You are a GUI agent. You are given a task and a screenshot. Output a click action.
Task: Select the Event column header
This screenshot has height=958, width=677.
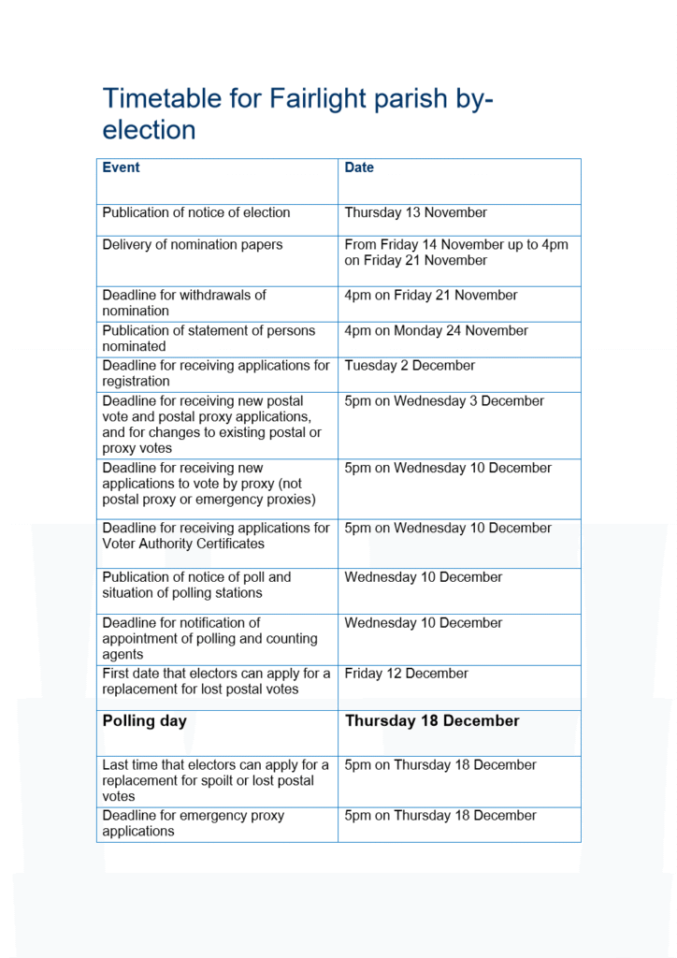click(121, 167)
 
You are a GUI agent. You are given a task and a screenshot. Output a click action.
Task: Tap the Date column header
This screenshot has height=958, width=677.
click(359, 167)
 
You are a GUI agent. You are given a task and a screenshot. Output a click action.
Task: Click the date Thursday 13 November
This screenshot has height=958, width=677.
click(415, 212)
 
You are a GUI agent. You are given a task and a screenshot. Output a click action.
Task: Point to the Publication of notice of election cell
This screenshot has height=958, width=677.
click(196, 212)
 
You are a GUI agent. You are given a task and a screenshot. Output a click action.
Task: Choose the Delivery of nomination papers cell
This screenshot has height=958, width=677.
click(193, 245)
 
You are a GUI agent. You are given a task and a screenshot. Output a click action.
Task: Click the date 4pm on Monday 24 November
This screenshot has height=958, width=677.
click(436, 331)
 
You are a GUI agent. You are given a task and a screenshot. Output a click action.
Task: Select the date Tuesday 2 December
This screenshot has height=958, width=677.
click(410, 366)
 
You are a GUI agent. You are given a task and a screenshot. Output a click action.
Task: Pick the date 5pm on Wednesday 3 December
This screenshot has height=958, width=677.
click(444, 401)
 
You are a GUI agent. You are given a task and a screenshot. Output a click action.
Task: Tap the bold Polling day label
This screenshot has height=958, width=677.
click(145, 721)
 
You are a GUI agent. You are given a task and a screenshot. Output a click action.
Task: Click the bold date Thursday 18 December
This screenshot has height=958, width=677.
click(432, 721)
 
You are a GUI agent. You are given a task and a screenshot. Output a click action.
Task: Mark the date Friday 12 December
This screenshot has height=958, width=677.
click(406, 674)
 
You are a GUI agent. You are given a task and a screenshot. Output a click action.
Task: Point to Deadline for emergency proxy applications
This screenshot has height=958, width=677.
click(193, 823)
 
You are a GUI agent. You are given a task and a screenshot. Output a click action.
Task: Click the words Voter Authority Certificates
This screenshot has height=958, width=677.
click(183, 544)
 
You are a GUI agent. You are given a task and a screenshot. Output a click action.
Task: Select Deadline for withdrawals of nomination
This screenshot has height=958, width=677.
click(184, 302)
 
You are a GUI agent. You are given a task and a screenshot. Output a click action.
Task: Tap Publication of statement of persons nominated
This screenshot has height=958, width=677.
click(209, 338)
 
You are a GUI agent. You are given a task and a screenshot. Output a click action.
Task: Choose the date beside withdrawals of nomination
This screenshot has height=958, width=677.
click(430, 296)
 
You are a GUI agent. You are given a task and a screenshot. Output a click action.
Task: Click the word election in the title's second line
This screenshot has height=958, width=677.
click(150, 129)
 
